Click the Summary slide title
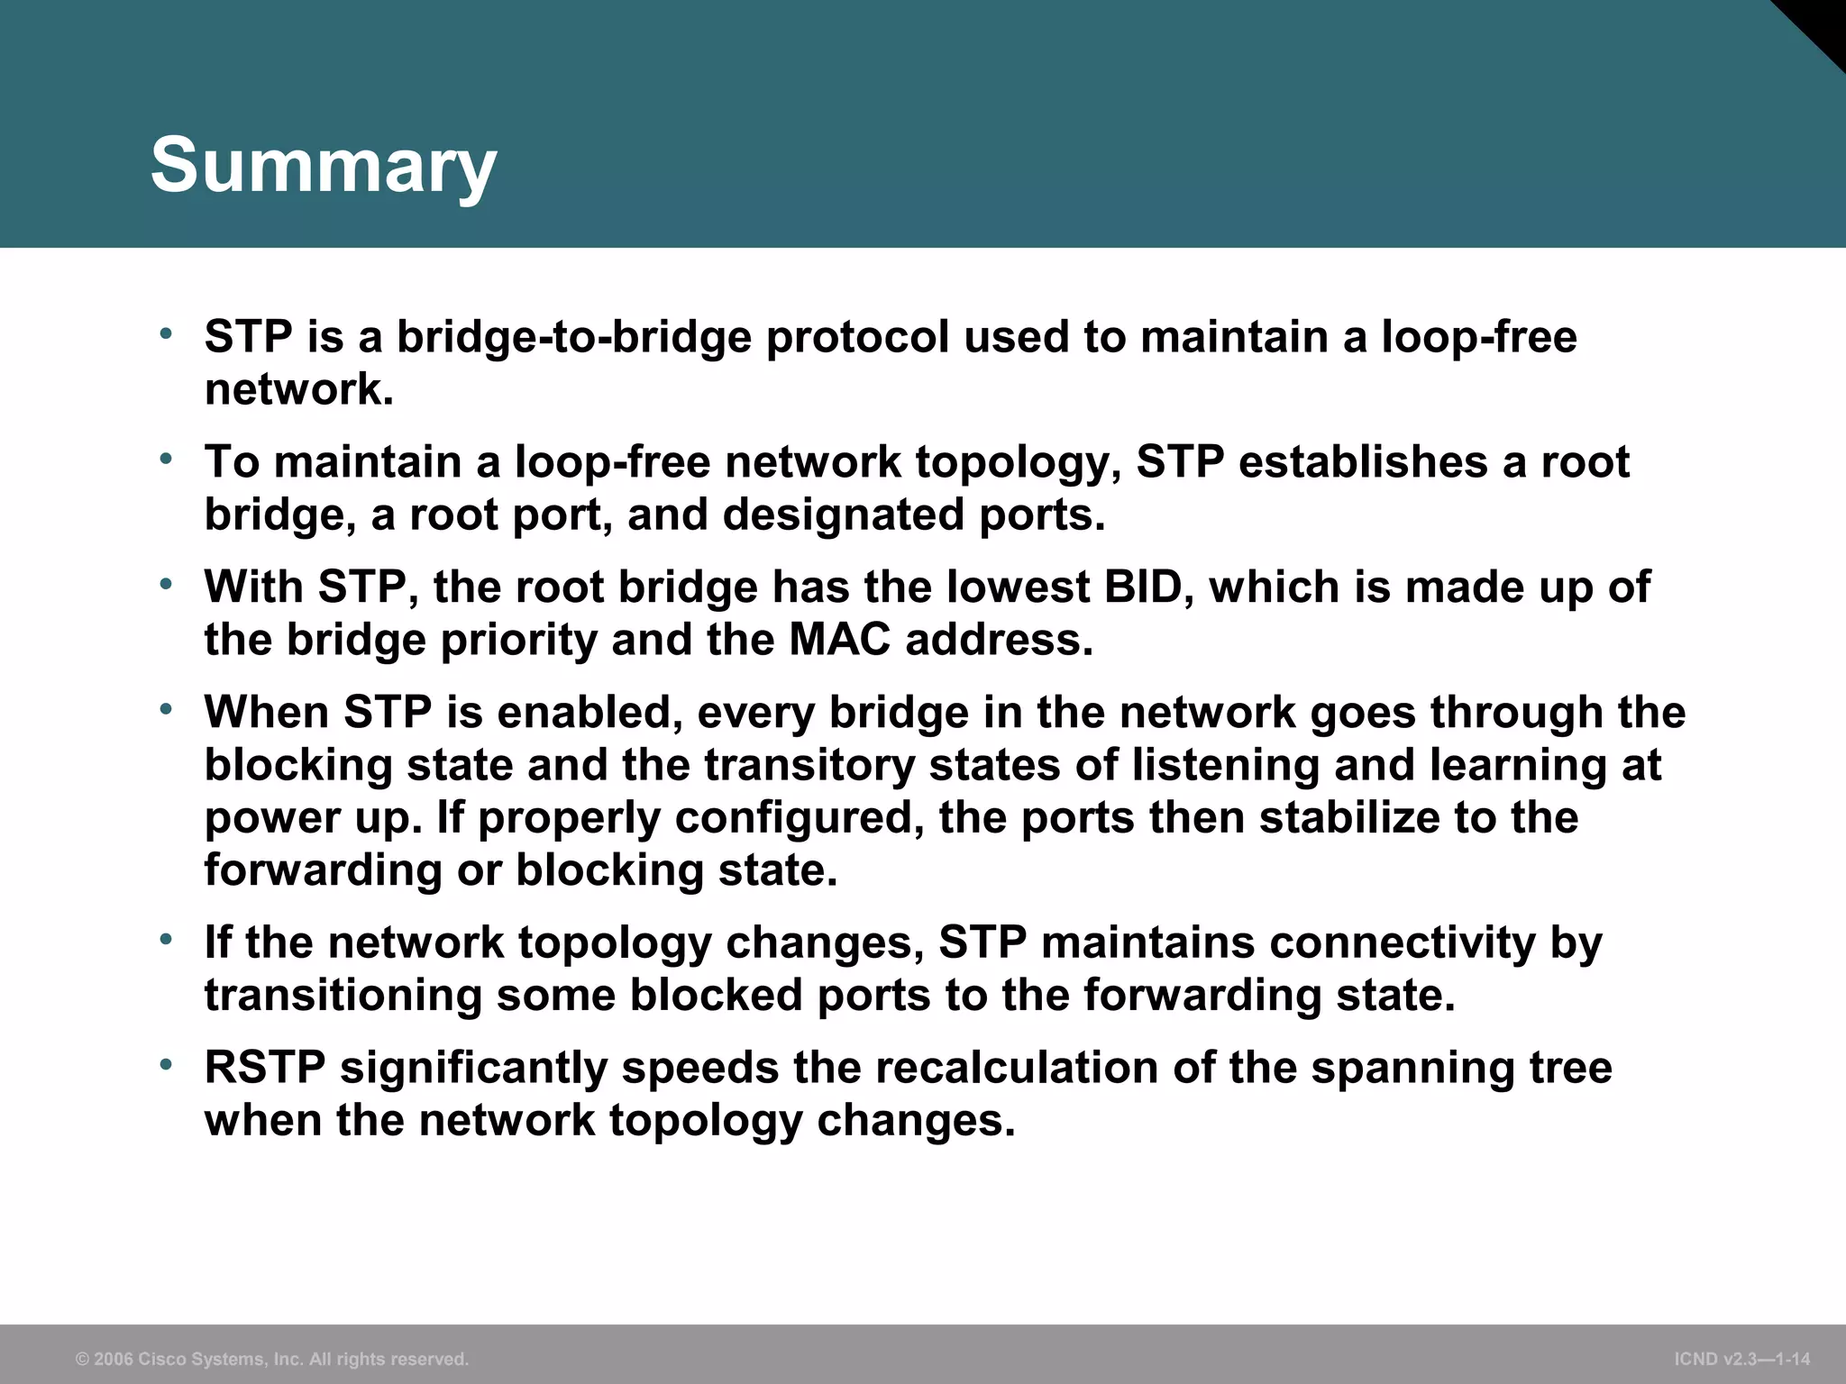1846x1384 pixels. pyautogui.click(x=323, y=165)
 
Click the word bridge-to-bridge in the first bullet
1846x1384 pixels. pyautogui.click(x=573, y=337)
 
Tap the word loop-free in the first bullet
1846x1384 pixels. pyautogui.click(x=1479, y=337)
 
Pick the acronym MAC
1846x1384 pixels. pyautogui.click(x=839, y=640)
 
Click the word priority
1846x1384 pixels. pyautogui.click(x=518, y=640)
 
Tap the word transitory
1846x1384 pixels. pyautogui.click(x=809, y=765)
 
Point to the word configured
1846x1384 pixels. pyautogui.click(x=799, y=818)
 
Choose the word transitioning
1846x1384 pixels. pyautogui.click(x=343, y=996)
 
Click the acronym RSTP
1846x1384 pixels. pyautogui.click(x=265, y=1068)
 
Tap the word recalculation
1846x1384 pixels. pyautogui.click(x=1017, y=1068)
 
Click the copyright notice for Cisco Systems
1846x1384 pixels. pyautogui.click(x=272, y=1359)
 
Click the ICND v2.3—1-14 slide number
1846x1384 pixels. pyautogui.click(x=1741, y=1359)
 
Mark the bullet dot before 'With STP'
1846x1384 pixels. pyautogui.click(x=165, y=585)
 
